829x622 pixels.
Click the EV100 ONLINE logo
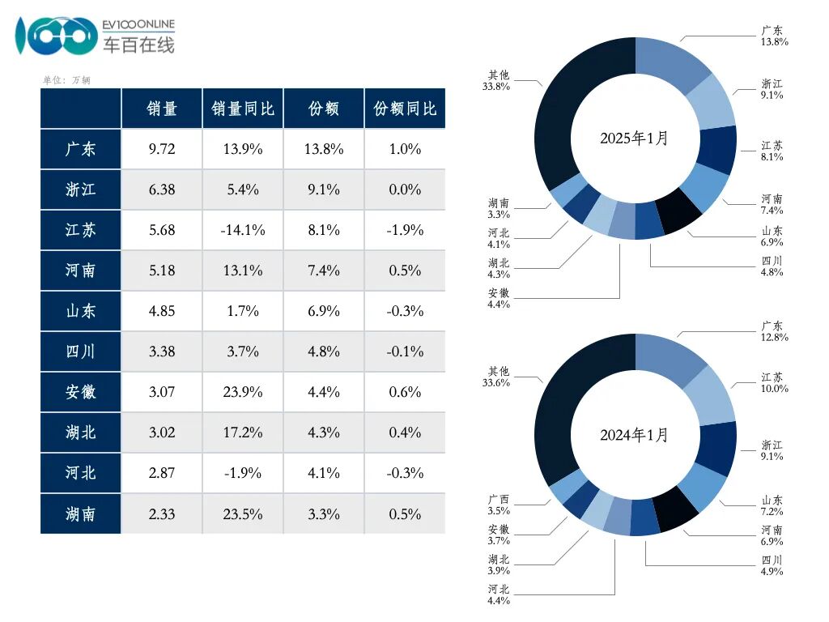point(96,36)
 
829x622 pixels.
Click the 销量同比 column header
point(243,109)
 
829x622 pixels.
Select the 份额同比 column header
point(405,109)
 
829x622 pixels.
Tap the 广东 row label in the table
point(81,149)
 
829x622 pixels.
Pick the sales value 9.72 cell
point(162,149)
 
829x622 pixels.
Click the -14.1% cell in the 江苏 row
point(243,230)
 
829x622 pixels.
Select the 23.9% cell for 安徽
point(243,392)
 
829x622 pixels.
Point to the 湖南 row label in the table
point(81,513)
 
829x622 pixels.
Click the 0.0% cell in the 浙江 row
point(405,190)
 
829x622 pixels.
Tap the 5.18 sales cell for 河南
point(162,271)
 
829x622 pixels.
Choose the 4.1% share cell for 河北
point(324,473)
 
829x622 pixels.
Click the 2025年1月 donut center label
point(635,138)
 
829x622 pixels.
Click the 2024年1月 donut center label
point(635,436)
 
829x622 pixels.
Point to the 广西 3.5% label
point(499,505)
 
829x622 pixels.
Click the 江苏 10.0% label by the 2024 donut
point(773,383)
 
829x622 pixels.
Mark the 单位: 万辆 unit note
point(66,80)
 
